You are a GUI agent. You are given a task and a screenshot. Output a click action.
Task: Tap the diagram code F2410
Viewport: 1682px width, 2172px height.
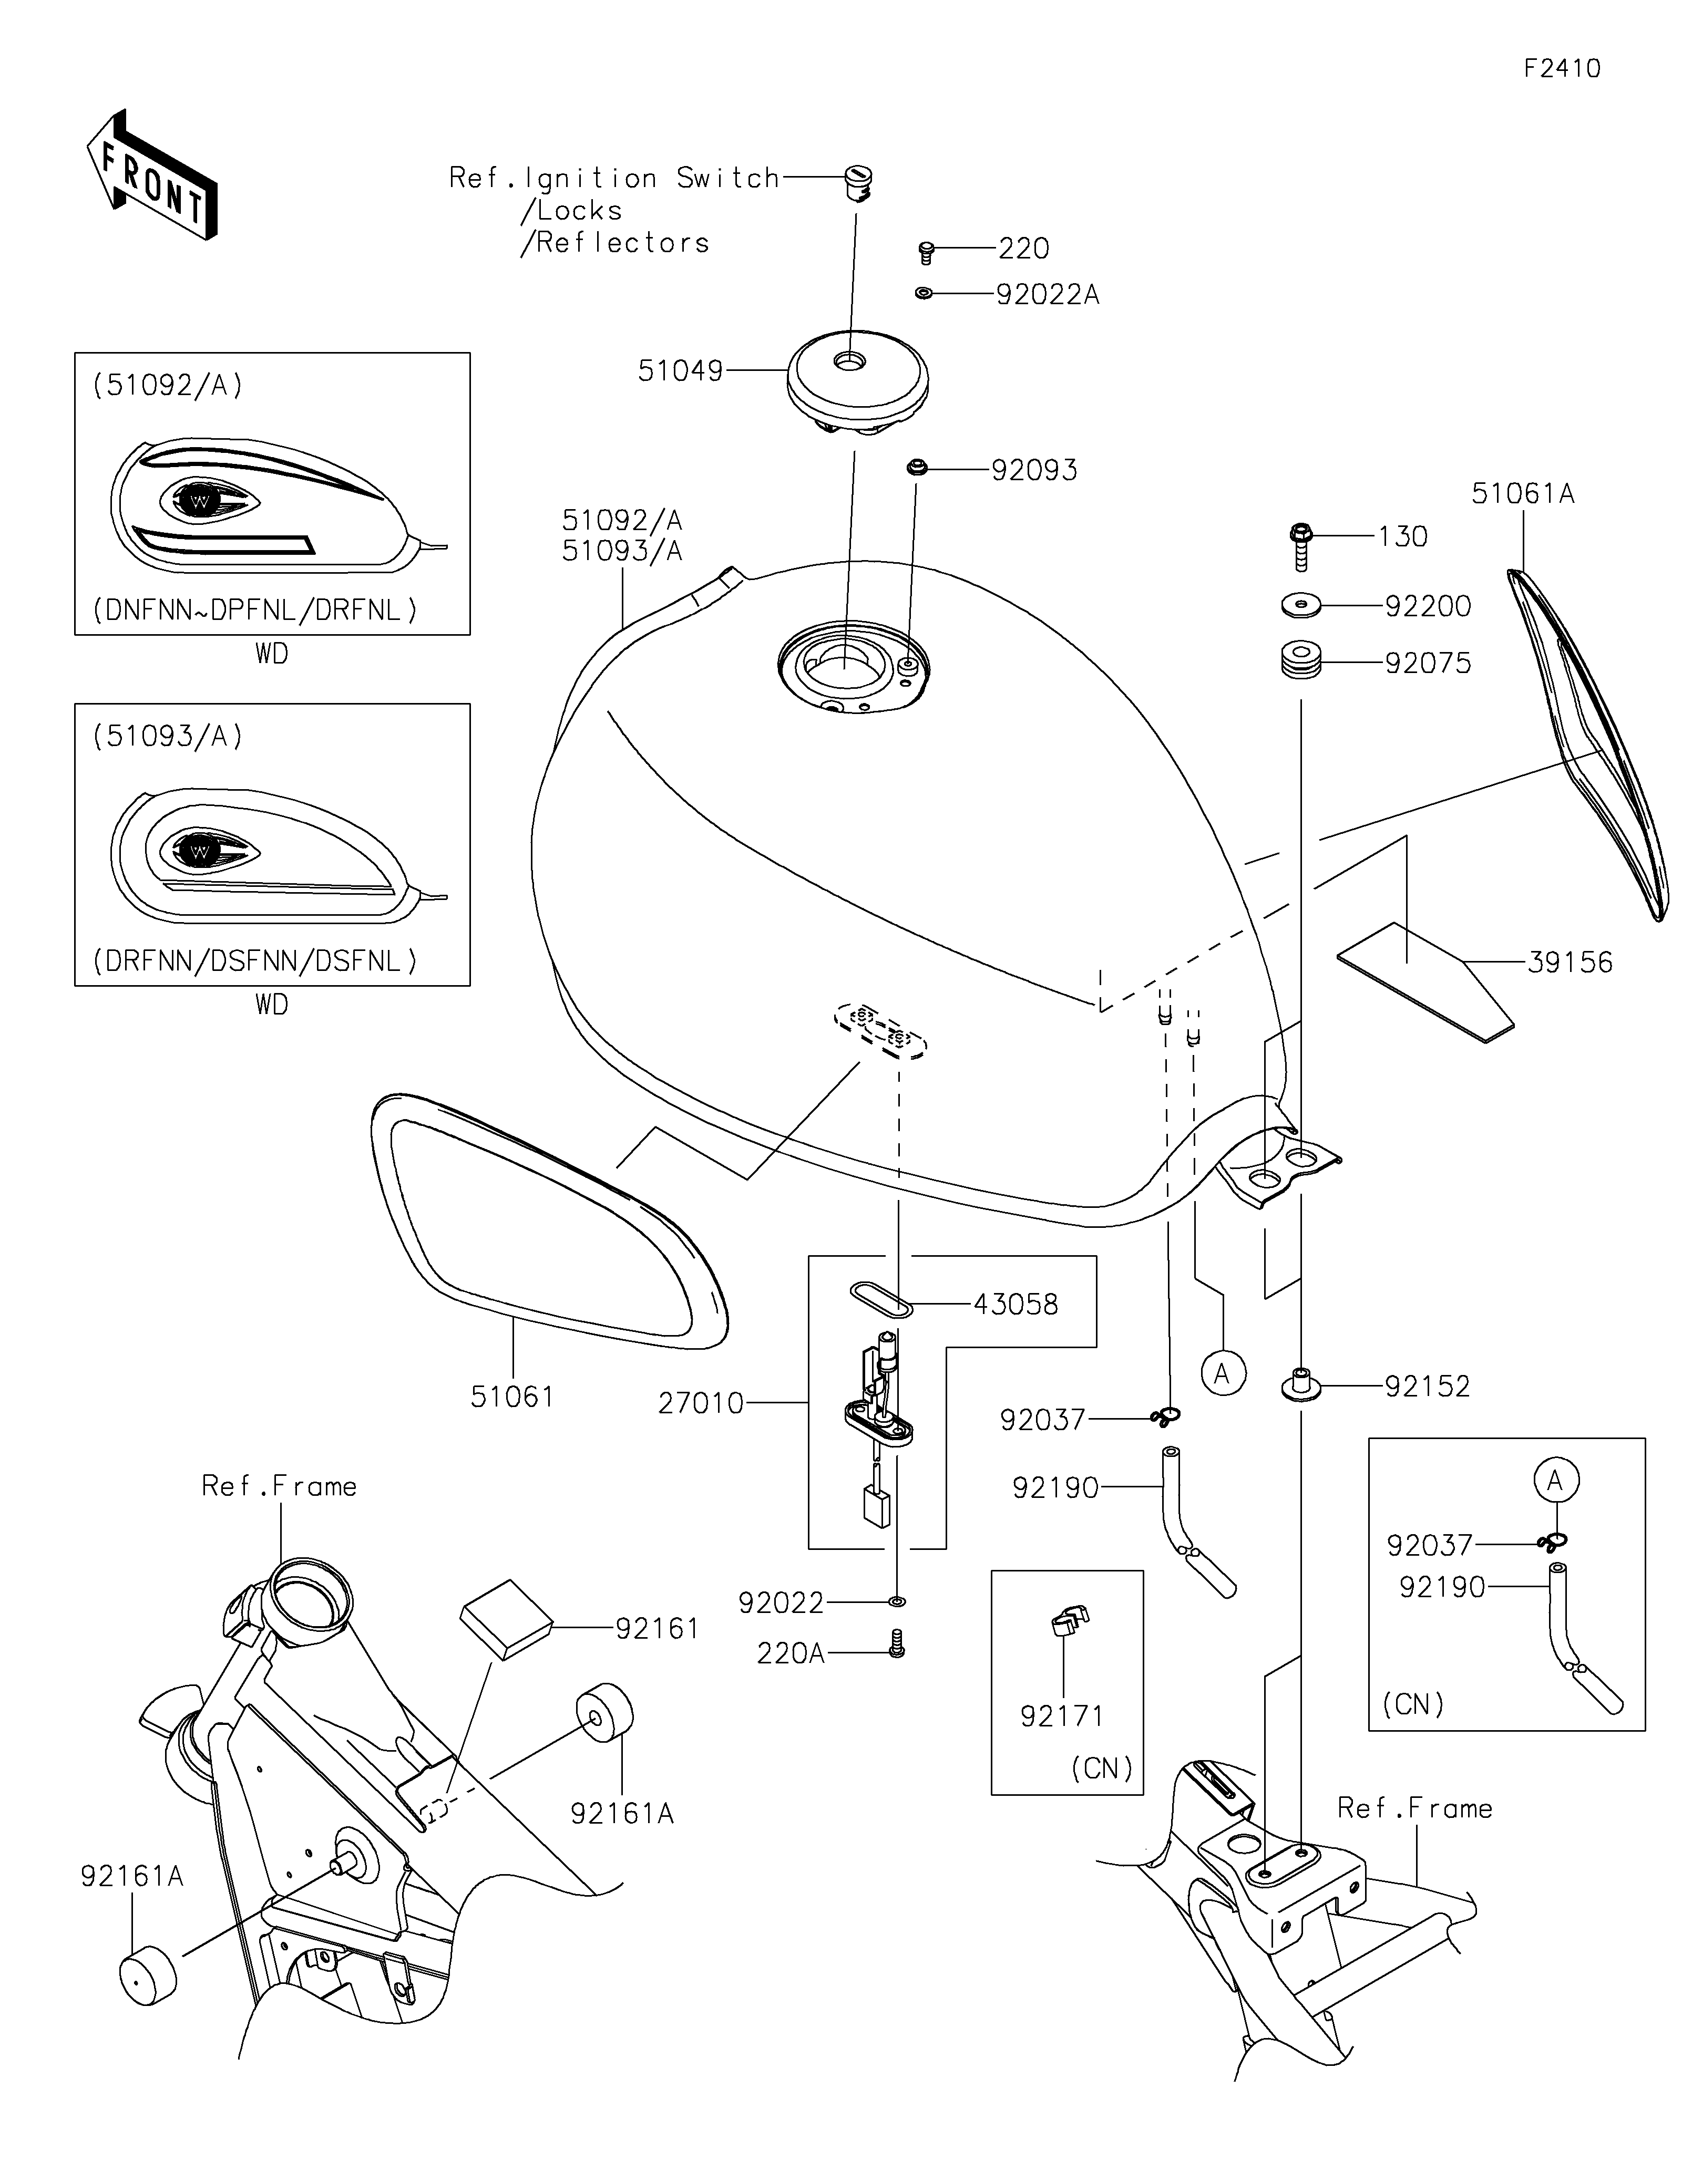tap(1562, 69)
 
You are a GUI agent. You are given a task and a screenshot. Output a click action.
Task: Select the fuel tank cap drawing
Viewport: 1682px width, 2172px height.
tap(857, 383)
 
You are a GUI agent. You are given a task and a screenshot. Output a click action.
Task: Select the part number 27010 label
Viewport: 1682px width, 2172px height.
tap(700, 1403)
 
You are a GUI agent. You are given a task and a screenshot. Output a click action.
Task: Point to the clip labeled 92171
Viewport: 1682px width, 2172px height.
tap(1068, 1622)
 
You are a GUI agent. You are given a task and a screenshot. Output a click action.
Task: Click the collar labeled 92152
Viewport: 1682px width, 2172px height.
tap(1299, 1385)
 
